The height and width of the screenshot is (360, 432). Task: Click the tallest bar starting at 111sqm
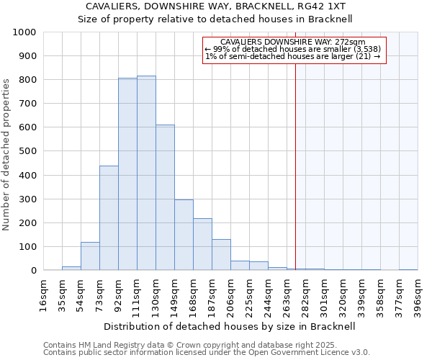pos(146,173)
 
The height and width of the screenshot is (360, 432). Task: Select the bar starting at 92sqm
pos(127,174)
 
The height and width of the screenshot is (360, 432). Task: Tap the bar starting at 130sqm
pos(165,197)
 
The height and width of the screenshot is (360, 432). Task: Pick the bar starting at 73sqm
pos(109,218)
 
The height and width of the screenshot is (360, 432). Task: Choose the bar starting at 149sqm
pos(184,235)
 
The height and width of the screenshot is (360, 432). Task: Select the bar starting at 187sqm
pos(221,255)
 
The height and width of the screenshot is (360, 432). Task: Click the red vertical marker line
pos(295,166)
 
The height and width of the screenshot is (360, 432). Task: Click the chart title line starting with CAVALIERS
pos(215,6)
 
